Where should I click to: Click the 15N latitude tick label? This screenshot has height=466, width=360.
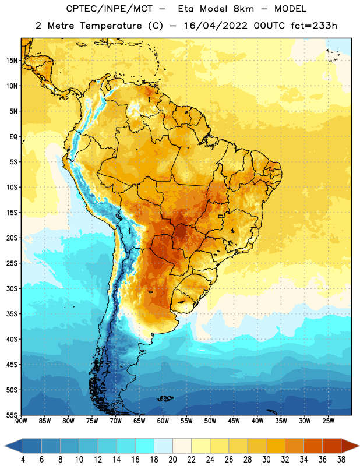click(12, 61)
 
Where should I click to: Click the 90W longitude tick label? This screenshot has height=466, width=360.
click(21, 421)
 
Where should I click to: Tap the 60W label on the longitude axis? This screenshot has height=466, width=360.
click(163, 421)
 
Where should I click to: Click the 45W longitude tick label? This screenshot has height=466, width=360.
click(234, 421)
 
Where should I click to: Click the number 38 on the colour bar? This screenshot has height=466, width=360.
click(341, 460)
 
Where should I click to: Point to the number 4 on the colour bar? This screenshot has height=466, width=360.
click(23, 460)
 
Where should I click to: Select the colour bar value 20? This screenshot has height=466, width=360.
click(172, 460)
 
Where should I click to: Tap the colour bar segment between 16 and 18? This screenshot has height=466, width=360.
click(145, 446)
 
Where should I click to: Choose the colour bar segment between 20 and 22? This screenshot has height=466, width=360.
click(182, 446)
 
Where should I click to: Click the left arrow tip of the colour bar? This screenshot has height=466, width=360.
click(5, 446)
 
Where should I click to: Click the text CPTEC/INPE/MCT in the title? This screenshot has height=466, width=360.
click(110, 9)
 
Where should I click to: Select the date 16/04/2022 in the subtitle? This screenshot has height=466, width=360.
click(216, 26)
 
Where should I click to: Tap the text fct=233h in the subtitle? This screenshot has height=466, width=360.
click(314, 26)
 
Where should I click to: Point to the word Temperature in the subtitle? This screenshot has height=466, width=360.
click(111, 26)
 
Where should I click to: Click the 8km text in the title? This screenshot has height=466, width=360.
click(243, 9)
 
